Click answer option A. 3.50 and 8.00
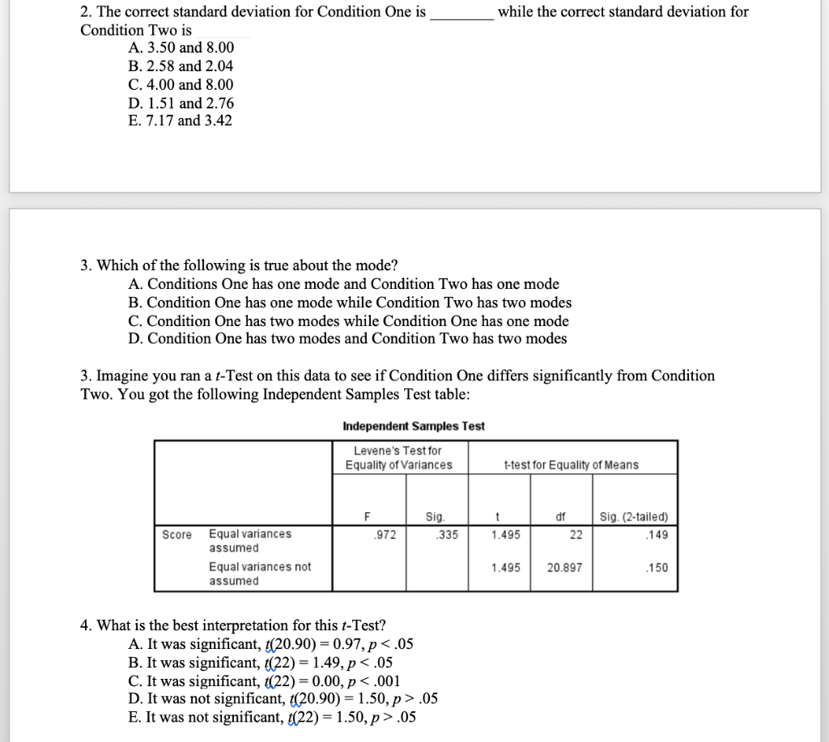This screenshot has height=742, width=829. tap(181, 49)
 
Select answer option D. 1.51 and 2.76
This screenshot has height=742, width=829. tap(181, 103)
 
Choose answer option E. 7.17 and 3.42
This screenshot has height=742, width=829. tap(180, 121)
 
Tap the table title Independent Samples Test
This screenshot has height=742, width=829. tap(414, 426)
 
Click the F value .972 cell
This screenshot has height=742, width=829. tap(368, 534)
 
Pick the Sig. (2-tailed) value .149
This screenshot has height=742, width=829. tap(657, 534)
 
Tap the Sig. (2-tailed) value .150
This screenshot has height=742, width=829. tap(657, 567)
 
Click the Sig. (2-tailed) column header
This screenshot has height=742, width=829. tap(633, 517)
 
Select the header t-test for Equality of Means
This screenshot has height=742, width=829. tap(570, 464)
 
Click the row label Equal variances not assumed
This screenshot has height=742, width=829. tap(259, 574)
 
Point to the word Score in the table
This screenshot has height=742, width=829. tap(176, 534)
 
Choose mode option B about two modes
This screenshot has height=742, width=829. tap(350, 303)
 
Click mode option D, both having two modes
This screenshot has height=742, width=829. tap(347, 338)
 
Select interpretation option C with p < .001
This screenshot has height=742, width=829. tap(264, 681)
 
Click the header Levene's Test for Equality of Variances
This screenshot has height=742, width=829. tap(398, 457)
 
